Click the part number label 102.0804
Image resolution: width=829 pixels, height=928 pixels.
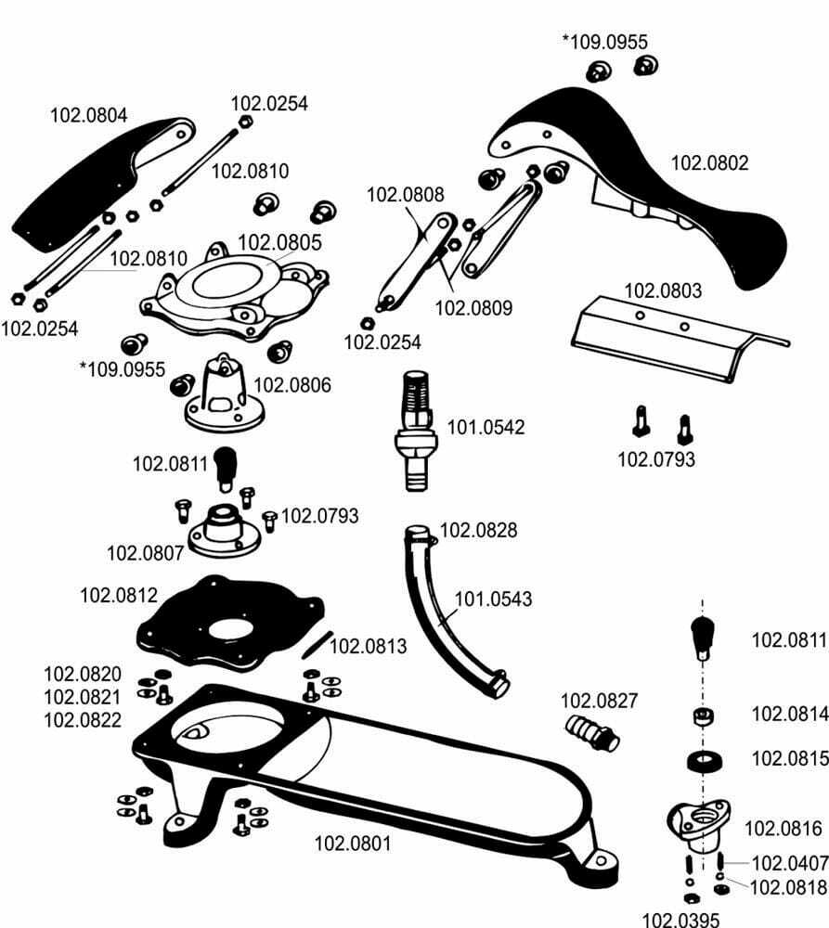point(88,116)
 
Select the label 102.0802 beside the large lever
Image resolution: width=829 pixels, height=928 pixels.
point(709,162)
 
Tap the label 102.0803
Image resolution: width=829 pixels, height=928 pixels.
point(663,290)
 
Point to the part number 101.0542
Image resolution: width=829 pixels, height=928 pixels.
point(486,428)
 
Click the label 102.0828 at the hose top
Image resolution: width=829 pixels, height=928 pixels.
point(478,530)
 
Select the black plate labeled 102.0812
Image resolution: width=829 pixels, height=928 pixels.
point(227,619)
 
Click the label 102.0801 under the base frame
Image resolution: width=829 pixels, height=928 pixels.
point(353,844)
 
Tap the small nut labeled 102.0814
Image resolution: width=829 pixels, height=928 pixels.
point(703,715)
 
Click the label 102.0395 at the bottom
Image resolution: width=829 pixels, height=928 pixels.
point(681,920)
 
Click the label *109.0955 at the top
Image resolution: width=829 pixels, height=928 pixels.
point(604,41)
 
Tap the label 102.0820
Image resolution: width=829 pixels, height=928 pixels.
point(82,673)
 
